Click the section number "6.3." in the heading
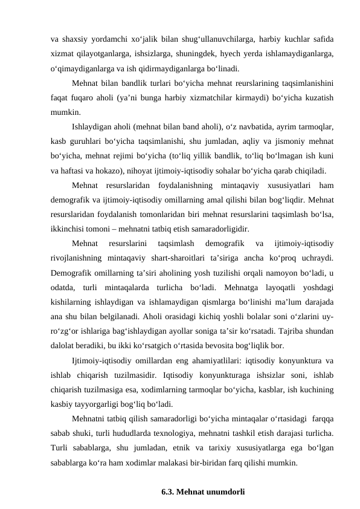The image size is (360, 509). [x=170, y=493]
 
